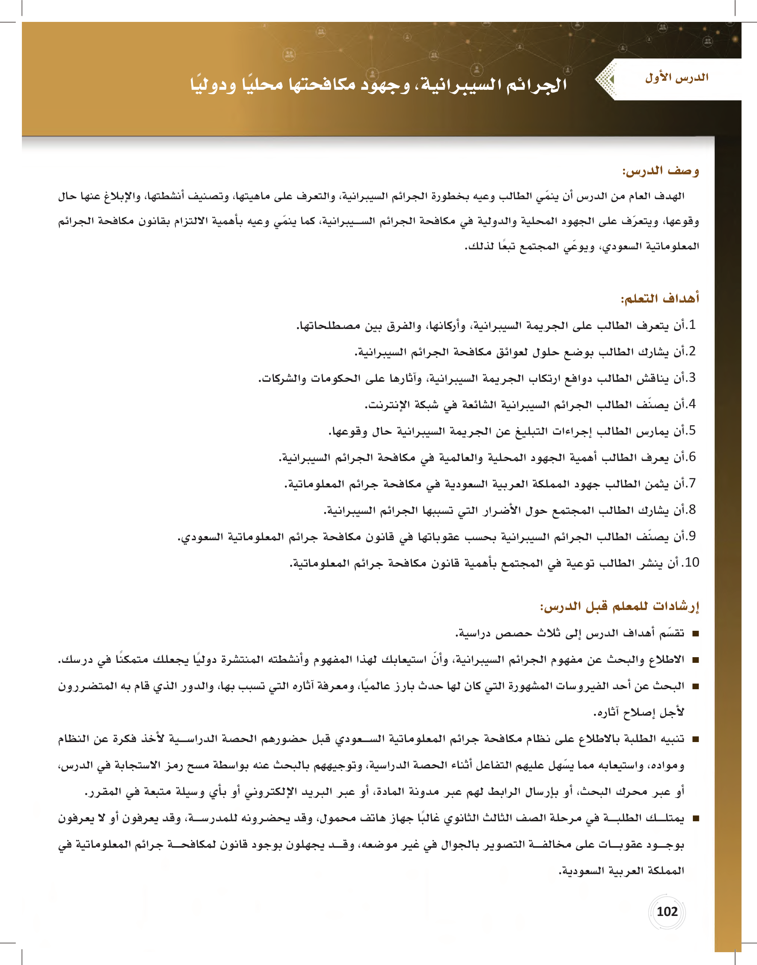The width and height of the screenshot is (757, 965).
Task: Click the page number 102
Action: pos(667,911)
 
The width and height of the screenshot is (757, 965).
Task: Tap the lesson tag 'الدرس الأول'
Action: pos(677,78)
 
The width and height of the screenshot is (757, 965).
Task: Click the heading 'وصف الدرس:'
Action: pos(661,171)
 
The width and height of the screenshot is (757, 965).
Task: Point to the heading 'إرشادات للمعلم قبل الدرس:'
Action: pos(620,607)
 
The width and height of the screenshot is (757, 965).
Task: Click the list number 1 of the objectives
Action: pos(692,325)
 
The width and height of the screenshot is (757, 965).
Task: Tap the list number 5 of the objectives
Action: pos(692,430)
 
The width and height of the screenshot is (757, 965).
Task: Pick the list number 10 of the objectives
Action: pos(691,562)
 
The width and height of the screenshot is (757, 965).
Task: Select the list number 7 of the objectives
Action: pos(692,483)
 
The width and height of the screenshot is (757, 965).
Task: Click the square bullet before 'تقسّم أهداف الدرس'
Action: pos(695,633)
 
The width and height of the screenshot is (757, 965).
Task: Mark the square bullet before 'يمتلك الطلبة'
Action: pos(695,818)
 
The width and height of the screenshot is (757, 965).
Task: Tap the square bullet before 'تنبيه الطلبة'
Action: pos(695,739)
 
